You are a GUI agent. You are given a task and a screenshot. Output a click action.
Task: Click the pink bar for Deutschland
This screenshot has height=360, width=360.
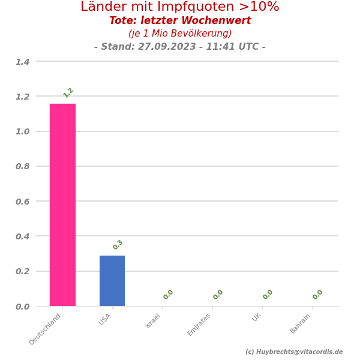[x=62, y=205]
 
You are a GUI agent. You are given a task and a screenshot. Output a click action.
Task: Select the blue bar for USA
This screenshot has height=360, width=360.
[x=112, y=281]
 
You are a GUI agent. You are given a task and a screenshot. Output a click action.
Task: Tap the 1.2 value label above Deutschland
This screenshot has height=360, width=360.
[x=68, y=92]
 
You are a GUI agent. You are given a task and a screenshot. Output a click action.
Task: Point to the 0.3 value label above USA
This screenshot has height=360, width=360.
[x=118, y=245]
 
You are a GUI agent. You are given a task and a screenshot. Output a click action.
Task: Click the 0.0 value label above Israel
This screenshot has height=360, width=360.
[x=169, y=295]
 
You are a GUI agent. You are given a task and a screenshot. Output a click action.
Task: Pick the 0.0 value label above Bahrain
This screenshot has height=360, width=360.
[x=318, y=295]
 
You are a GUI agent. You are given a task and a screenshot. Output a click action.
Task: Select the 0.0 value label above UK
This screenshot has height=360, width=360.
[x=268, y=295]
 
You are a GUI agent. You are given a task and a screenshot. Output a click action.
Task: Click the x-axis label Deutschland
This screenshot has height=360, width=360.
[x=46, y=329]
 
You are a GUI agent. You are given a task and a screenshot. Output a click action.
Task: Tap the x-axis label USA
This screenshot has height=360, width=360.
[x=105, y=319]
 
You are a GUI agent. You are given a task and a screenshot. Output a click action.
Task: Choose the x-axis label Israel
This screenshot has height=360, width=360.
[x=154, y=321]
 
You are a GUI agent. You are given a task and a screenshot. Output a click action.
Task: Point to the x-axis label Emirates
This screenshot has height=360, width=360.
[x=200, y=325]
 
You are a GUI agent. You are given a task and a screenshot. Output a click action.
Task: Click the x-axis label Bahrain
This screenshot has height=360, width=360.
[x=301, y=323]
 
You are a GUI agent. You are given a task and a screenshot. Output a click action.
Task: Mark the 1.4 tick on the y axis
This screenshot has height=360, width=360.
[x=22, y=62]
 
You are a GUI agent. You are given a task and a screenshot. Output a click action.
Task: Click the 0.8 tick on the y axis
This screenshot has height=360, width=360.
[x=22, y=166]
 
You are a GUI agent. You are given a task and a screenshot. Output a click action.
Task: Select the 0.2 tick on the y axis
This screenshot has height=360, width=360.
[x=22, y=271]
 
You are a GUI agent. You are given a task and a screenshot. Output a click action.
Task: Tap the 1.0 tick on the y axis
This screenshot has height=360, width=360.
[x=22, y=131]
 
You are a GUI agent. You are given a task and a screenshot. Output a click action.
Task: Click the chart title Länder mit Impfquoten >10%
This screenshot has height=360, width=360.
[x=180, y=7]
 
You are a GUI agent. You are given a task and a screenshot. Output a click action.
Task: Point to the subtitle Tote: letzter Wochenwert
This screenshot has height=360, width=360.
[x=180, y=21]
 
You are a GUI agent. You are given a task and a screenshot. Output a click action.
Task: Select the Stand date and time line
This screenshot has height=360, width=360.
[x=180, y=47]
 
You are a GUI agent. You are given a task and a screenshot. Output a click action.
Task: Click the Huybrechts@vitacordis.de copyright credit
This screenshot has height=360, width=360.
[x=294, y=352]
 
